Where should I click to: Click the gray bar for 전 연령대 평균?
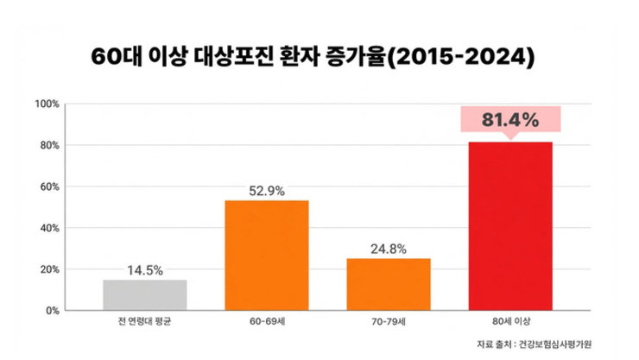tap(144, 294)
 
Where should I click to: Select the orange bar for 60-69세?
tap(266, 255)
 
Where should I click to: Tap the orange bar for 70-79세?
tap(388, 284)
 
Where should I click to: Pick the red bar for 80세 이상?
tap(509, 225)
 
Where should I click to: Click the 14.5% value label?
tap(144, 268)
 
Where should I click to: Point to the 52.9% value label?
tap(266, 189)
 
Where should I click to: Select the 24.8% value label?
tap(388, 248)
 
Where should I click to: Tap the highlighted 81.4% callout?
tap(509, 119)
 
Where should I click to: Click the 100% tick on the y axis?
tap(45, 104)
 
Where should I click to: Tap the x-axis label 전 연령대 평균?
tap(144, 322)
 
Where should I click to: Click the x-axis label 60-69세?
tap(266, 322)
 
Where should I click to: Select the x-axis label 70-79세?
tap(388, 322)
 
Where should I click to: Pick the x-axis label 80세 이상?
tap(509, 322)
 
